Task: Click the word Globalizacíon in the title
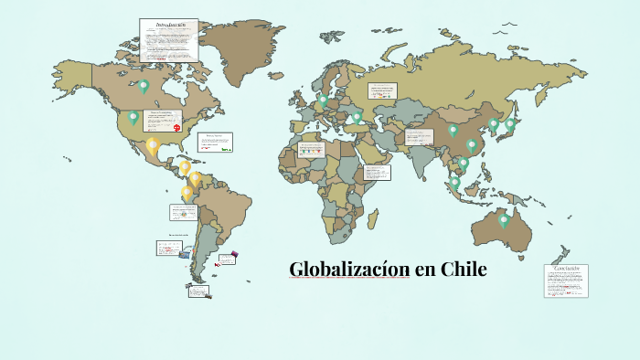(x=349, y=270)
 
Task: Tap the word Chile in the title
(x=464, y=270)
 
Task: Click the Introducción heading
(x=169, y=26)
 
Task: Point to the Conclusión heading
(x=566, y=269)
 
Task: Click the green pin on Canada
(x=144, y=87)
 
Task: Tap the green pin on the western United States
(x=133, y=117)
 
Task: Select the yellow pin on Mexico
(x=152, y=144)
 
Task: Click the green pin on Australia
(x=503, y=220)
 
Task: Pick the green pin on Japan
(x=510, y=123)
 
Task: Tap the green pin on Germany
(x=324, y=101)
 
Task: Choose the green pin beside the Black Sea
(x=357, y=118)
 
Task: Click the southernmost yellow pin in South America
(x=187, y=193)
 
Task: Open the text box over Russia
(x=383, y=90)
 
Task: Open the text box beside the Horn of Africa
(x=377, y=172)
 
